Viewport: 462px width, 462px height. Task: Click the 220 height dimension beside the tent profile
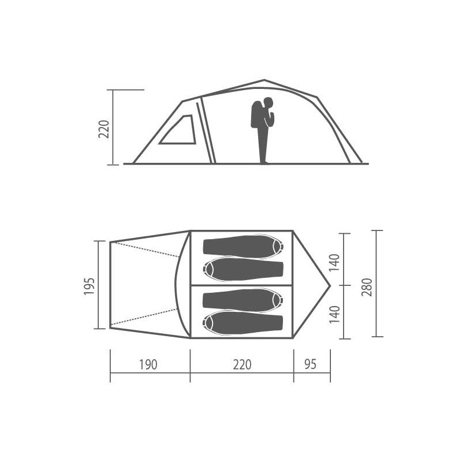click(104, 129)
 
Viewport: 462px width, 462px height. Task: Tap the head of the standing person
click(269, 103)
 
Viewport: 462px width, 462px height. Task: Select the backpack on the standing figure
click(256, 114)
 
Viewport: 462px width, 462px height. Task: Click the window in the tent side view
click(179, 131)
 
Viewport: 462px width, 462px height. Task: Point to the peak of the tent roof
click(264, 80)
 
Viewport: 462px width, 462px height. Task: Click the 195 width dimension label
click(90, 286)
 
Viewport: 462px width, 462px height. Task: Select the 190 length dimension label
click(148, 364)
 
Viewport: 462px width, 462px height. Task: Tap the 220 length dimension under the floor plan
click(242, 364)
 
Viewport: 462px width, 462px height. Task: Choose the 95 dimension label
click(311, 364)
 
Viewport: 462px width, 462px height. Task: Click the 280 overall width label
click(367, 287)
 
